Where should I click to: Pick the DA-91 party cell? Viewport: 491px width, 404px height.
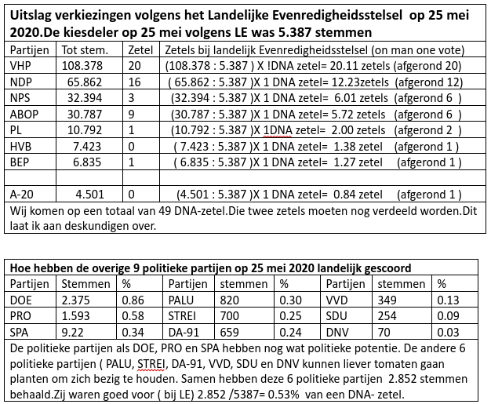tap(185, 331)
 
